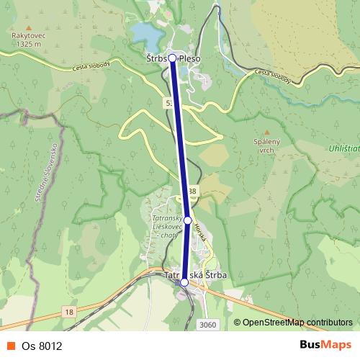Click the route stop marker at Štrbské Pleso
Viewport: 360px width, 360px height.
pos(172,58)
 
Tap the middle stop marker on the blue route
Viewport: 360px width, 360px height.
pos(187,220)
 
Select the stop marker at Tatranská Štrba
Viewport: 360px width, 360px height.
pos(184,282)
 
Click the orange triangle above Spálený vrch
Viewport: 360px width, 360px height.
pos(266,132)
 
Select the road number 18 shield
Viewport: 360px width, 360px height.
pos(68,310)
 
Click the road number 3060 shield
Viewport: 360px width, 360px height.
pos(207,324)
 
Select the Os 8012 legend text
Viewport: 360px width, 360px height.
pos(41,346)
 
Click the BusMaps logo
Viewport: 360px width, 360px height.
pos(325,346)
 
